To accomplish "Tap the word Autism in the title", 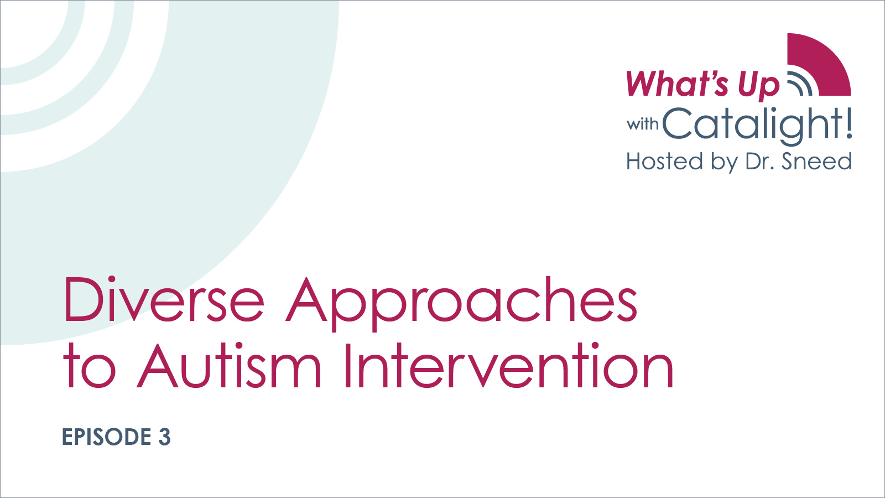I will tap(229, 366).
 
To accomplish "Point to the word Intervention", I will tap(508, 366).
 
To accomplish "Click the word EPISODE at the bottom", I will tap(106, 437).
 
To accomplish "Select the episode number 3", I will tap(164, 437).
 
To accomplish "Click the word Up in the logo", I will tap(758, 86).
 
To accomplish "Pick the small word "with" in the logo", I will tap(642, 124).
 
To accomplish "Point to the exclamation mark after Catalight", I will tap(848, 123).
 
